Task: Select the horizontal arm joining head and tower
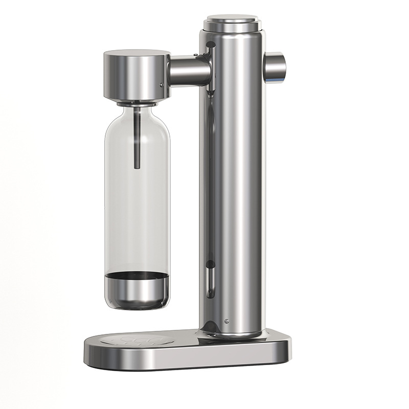click(188, 71)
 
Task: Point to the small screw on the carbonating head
click(162, 85)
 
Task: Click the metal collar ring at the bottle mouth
click(137, 104)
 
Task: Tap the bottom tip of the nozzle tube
click(137, 167)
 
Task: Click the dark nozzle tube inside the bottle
click(137, 138)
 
